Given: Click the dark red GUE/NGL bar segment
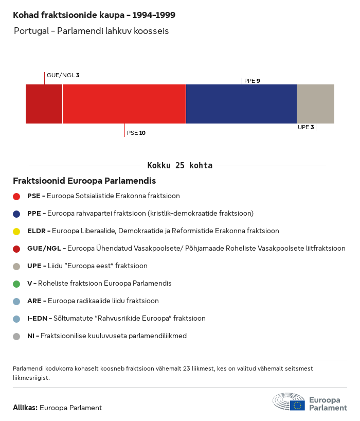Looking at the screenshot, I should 44,104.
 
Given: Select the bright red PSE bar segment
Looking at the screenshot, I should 124,104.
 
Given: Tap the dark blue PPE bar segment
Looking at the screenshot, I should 241,104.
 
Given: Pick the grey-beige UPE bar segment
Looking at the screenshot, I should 315,104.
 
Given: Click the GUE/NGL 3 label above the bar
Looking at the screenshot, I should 63,75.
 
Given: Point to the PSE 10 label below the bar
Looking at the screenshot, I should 136,133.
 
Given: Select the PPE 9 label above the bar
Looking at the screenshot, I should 252,81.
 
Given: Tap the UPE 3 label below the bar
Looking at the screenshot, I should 305,127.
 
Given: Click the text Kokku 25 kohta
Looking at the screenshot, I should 180,166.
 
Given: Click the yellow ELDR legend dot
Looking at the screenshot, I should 16,231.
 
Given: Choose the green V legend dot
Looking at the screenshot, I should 16,284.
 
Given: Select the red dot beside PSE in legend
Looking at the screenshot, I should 16,196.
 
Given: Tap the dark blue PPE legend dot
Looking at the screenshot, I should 16,214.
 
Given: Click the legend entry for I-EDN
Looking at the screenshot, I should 116,319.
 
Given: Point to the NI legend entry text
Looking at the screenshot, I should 106,336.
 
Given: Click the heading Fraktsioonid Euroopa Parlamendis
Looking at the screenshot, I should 84,181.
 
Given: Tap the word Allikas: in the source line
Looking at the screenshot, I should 25,408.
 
